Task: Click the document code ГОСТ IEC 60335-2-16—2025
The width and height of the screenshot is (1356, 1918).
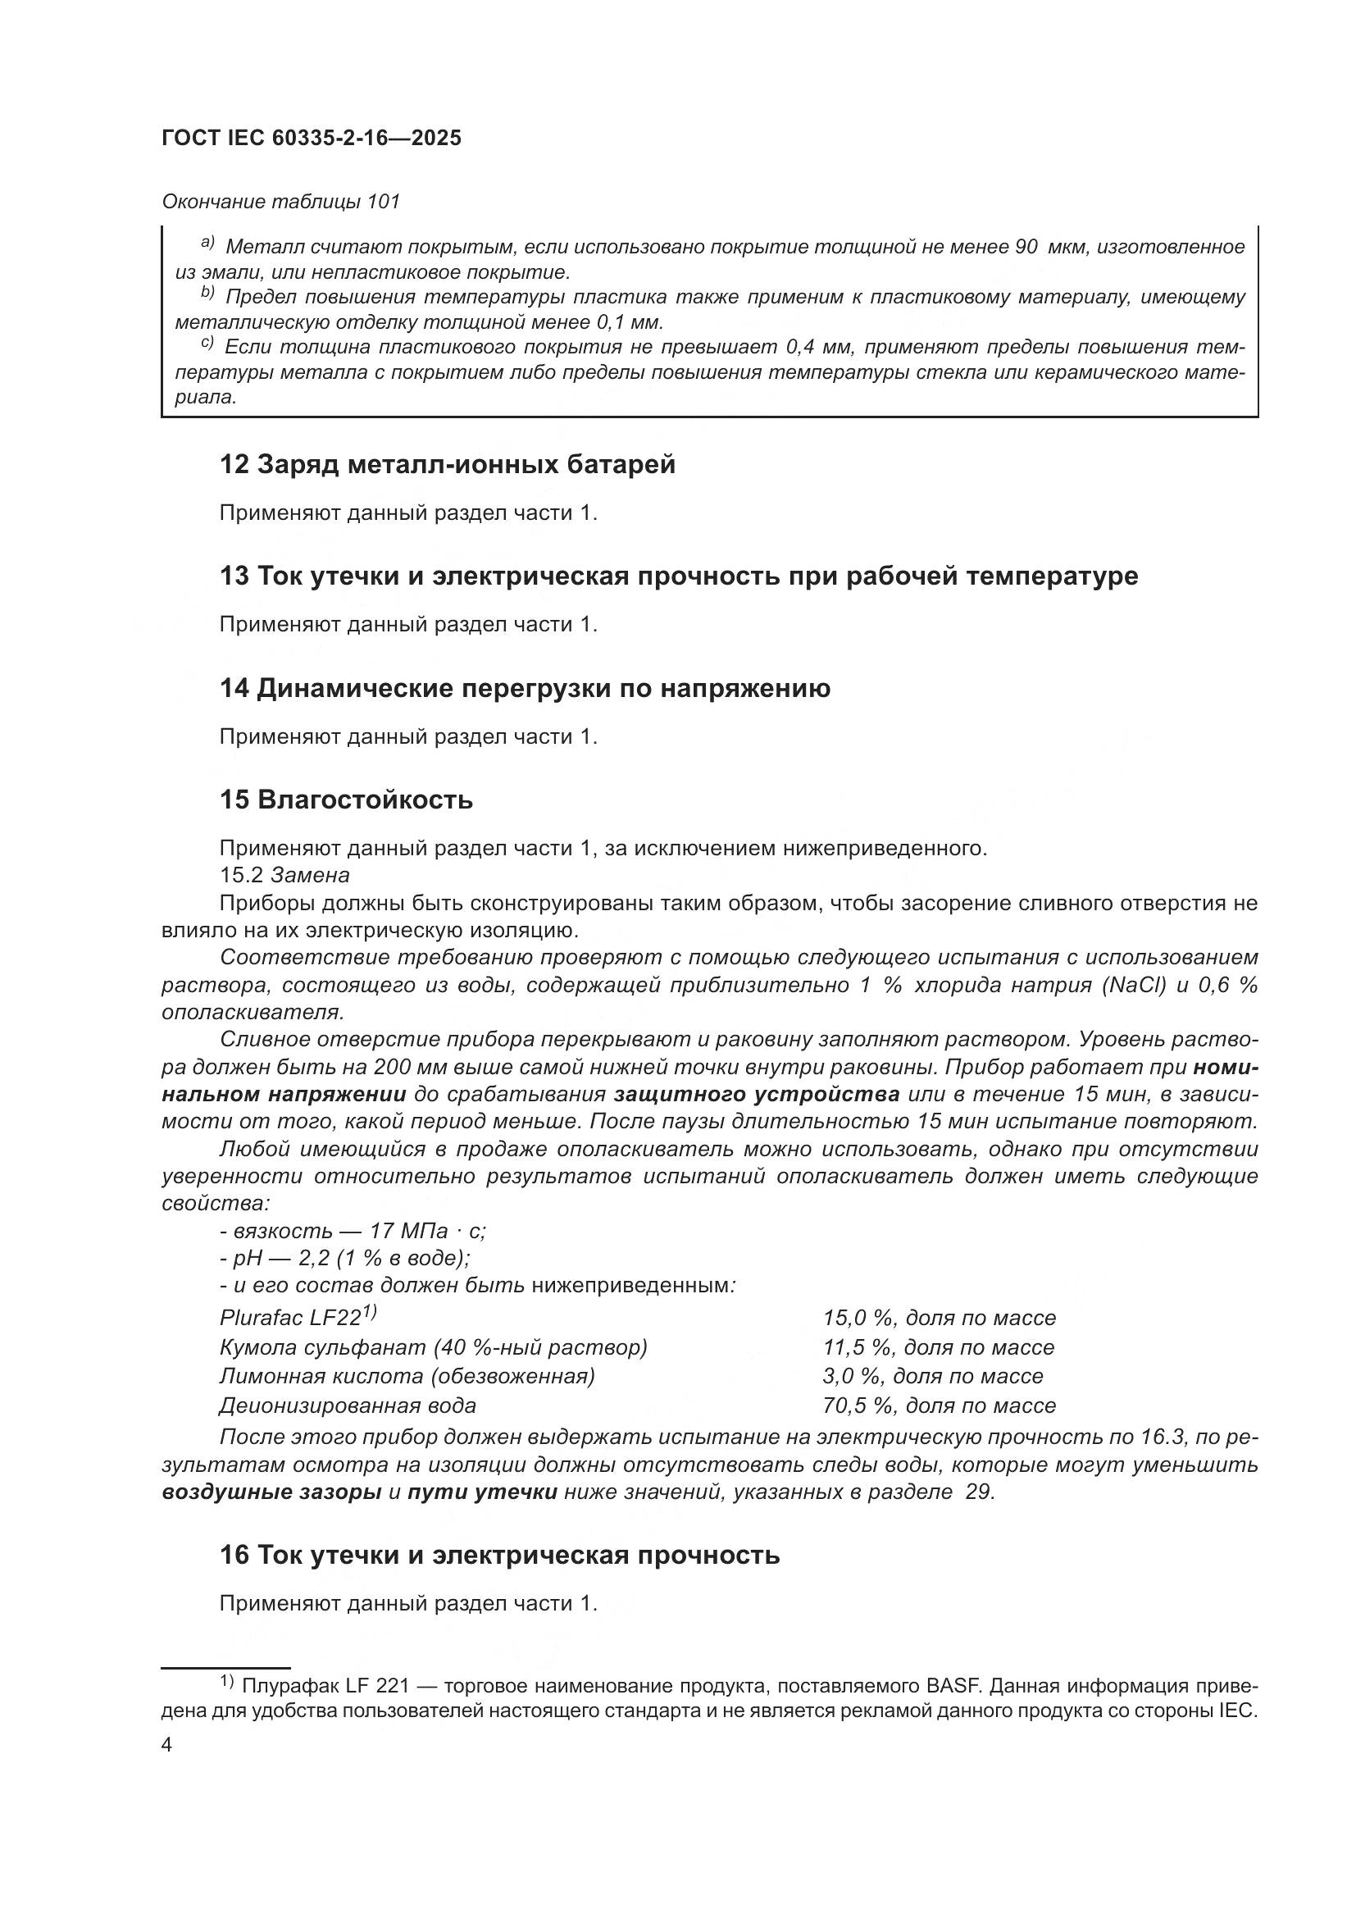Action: [311, 139]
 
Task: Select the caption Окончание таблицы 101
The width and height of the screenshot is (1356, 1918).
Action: [280, 202]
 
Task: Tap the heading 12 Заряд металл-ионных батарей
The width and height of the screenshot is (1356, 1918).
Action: [447, 463]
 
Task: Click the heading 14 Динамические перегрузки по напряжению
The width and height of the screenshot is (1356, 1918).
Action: [525, 688]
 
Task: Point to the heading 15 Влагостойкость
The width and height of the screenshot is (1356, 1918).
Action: [346, 800]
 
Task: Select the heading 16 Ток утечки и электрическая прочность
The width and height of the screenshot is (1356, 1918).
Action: [499, 1555]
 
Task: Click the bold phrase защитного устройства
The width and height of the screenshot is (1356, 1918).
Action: [756, 1095]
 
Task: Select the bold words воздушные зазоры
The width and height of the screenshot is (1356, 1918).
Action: [271, 1492]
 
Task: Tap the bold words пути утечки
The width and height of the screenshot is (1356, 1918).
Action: [482, 1492]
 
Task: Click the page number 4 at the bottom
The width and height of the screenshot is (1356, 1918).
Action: [167, 1745]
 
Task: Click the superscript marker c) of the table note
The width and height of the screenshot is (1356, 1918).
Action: [207, 344]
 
